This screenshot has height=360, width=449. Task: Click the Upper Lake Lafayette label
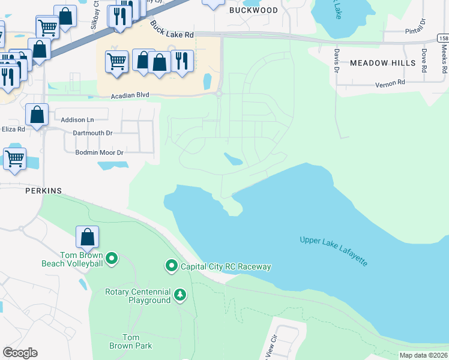(x=334, y=251)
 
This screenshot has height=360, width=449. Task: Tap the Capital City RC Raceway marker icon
(x=171, y=265)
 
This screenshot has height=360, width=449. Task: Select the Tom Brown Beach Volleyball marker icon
(x=112, y=259)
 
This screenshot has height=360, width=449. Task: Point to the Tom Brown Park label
(x=130, y=341)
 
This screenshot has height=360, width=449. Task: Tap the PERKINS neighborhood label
(x=43, y=190)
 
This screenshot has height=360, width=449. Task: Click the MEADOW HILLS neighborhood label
(x=382, y=63)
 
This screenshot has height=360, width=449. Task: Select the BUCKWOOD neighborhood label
(x=254, y=10)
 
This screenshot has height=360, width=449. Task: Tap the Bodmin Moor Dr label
(x=99, y=153)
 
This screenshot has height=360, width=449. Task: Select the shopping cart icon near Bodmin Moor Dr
(x=14, y=159)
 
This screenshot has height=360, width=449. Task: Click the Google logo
(x=20, y=352)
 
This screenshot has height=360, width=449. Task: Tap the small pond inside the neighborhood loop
(x=233, y=159)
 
